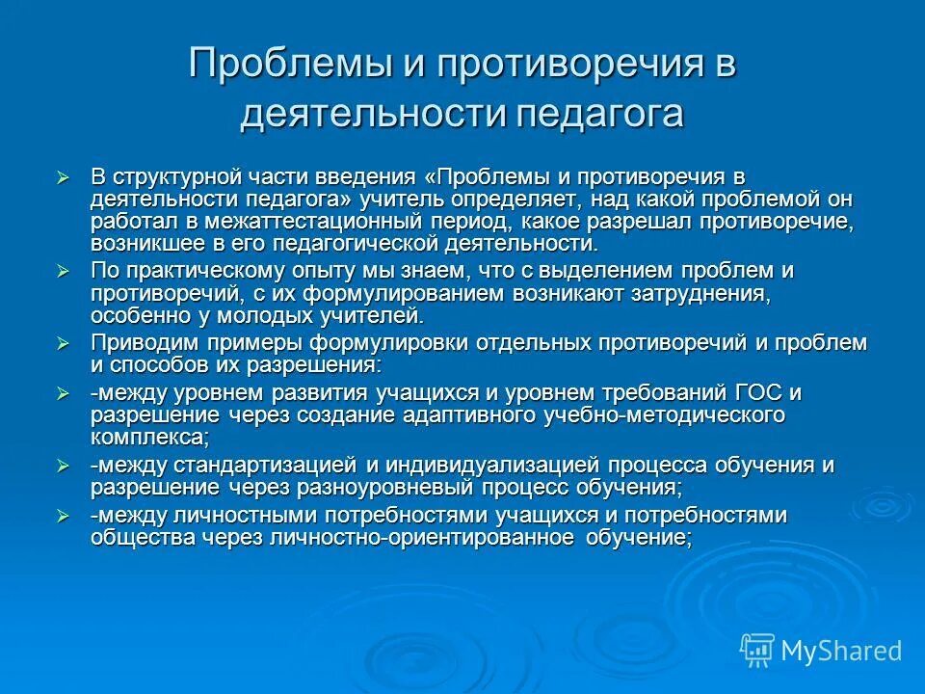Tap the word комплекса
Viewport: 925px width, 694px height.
click(148, 437)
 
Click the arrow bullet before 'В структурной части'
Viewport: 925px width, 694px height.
click(64, 177)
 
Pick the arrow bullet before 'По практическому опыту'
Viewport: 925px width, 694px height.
click(64, 271)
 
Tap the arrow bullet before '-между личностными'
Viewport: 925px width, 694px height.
click(64, 517)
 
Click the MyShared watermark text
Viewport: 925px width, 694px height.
click(841, 651)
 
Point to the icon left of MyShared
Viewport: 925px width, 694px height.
click(757, 650)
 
